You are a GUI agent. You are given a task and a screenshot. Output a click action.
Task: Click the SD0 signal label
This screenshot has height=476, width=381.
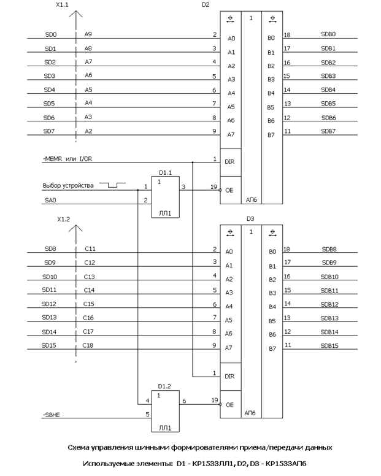[x=51, y=34]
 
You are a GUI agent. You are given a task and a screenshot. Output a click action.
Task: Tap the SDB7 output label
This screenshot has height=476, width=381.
[x=328, y=131]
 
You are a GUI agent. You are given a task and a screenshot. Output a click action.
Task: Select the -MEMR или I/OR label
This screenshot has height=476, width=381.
[x=67, y=159]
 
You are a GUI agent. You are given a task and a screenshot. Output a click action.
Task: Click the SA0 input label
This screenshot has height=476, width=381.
[x=50, y=200]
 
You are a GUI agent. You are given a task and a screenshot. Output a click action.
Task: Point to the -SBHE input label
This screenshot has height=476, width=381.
[x=52, y=415]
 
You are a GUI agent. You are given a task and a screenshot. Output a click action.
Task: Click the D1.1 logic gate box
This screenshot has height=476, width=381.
[x=166, y=197]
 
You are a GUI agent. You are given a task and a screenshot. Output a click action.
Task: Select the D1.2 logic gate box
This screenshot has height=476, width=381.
[x=166, y=411]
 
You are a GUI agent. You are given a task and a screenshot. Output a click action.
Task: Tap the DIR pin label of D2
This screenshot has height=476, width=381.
[x=229, y=162]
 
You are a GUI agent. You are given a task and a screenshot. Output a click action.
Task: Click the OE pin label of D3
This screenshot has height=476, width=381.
[x=229, y=405]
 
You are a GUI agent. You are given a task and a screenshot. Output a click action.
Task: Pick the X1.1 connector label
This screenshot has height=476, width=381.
[x=62, y=5]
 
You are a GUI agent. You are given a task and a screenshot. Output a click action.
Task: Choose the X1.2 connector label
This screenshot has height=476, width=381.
[x=63, y=219]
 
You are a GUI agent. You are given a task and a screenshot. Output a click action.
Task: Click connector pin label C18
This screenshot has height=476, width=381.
[x=88, y=345]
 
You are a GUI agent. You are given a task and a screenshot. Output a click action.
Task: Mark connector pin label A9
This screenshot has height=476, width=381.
[x=88, y=34]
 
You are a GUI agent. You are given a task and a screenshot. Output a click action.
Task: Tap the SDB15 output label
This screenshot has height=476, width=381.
[x=329, y=345]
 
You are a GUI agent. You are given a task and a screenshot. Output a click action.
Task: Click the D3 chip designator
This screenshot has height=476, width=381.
[x=250, y=219]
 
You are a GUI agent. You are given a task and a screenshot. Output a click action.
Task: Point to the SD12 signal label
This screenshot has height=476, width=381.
[x=48, y=304]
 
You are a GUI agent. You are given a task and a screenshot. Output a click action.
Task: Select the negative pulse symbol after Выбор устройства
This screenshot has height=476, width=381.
[x=113, y=185]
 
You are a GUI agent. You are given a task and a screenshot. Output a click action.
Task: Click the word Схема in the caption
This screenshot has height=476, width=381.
[x=79, y=447]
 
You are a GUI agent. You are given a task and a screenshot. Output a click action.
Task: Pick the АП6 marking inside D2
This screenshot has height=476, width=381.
[x=252, y=199]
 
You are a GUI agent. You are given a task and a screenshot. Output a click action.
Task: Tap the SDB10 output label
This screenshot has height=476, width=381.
[x=329, y=277]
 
